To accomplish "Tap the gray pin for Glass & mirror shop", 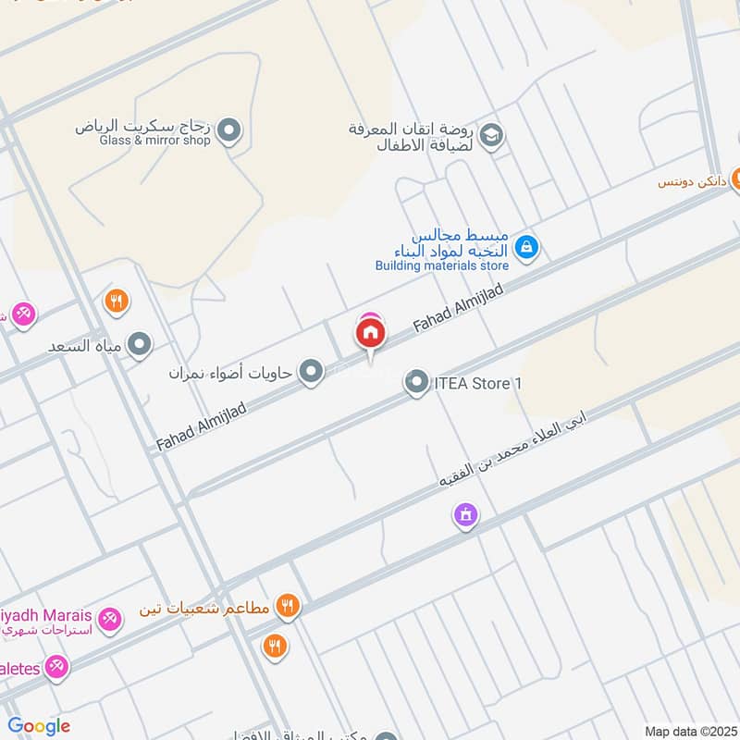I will coord(231,131).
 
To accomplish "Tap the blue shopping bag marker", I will coord(526,247).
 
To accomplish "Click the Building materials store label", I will coord(442,266).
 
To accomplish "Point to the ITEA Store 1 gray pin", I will coord(417,381).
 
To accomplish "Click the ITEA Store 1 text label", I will coord(472,382).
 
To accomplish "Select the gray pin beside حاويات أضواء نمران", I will coord(312,372).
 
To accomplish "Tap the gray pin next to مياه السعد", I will coord(140,345).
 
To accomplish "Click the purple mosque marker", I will coord(466,514).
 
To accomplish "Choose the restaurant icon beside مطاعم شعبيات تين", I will coord(288,607).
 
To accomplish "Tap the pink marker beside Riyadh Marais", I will coord(109,618).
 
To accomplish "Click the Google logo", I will coord(39,726).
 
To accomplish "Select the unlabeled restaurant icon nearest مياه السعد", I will coord(116,301).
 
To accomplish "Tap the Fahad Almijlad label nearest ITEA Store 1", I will coord(458,309).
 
